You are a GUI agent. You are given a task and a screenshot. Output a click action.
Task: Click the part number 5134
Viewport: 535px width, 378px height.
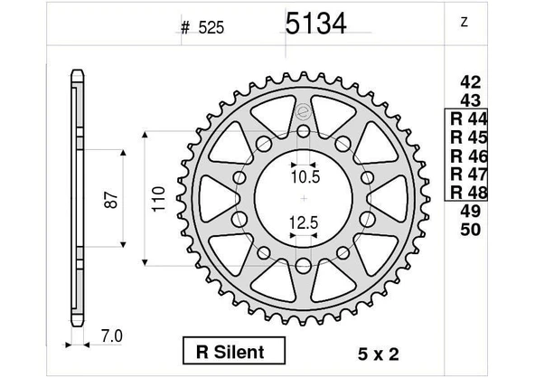click(315, 24)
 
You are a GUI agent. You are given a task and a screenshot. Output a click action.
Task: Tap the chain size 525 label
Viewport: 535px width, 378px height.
click(211, 28)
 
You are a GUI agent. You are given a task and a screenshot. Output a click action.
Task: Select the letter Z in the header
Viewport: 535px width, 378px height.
click(464, 22)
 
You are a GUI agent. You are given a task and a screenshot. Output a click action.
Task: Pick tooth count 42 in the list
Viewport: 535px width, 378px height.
click(471, 82)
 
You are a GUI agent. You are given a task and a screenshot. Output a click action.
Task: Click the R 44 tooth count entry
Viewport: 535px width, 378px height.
click(469, 118)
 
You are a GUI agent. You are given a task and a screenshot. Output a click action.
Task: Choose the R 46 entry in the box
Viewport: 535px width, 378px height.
click(469, 156)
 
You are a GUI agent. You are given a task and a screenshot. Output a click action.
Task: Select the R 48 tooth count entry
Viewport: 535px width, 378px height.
click(469, 193)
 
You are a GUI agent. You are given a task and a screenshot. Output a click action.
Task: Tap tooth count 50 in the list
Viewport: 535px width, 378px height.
click(471, 230)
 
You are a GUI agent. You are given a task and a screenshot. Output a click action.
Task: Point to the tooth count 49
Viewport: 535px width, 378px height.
click(471, 212)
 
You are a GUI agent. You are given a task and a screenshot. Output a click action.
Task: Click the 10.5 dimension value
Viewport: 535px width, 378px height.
click(305, 177)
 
